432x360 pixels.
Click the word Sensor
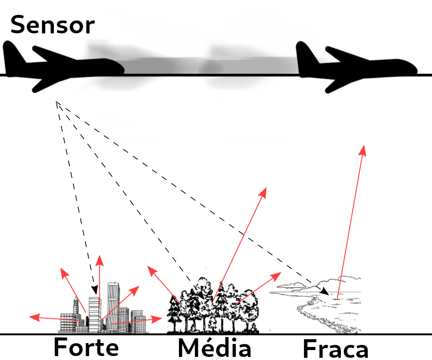[x=52, y=25]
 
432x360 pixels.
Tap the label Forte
[x=86, y=347]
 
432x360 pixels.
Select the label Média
[x=214, y=348]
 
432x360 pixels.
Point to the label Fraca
[x=335, y=349]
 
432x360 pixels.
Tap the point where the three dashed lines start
[x=56, y=102]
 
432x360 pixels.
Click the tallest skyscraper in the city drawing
[x=114, y=304]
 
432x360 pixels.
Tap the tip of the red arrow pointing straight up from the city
[x=99, y=257]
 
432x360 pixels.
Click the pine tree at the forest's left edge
[x=175, y=312]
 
